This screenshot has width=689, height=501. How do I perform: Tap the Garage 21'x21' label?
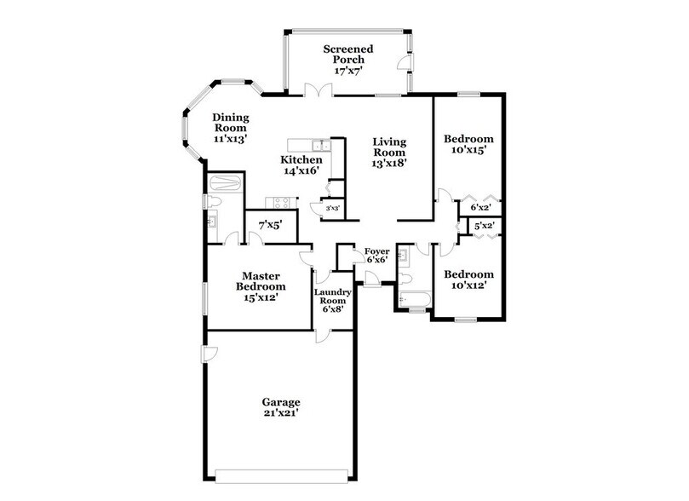pos(280,407)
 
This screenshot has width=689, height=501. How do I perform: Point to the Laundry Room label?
pos(332,302)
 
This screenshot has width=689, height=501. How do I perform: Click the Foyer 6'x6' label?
pos(377,256)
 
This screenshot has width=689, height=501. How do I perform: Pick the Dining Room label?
pos(229,129)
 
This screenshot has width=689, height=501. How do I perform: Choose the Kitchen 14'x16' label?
pos(301,165)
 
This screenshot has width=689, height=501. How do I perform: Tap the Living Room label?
pos(388,153)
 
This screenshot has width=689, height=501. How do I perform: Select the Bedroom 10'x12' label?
pos(469,280)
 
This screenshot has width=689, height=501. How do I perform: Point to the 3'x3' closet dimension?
pos(331,208)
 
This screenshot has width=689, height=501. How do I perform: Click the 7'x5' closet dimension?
pos(271,226)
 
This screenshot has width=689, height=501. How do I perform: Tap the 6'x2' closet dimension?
pos(479,206)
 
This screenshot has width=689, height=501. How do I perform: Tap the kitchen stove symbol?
pos(280,202)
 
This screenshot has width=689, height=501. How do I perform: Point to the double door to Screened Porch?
pos(317,89)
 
